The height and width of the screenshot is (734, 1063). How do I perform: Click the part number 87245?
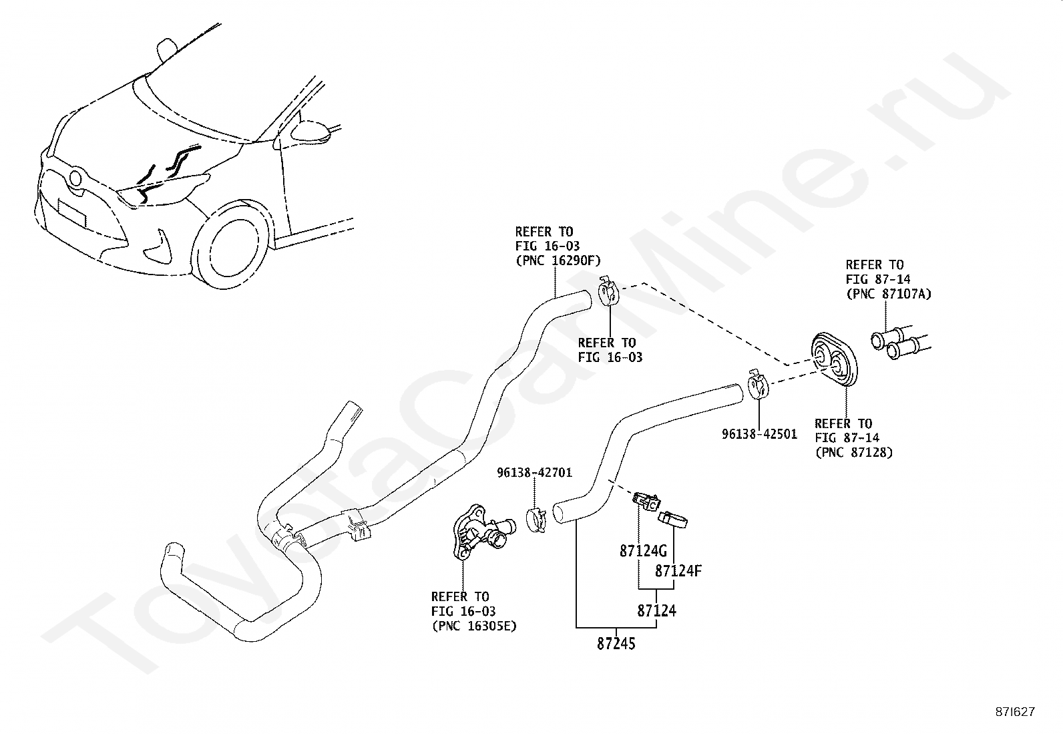pos(616,644)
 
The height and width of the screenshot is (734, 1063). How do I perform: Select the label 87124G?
pos(643,552)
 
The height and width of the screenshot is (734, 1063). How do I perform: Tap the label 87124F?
pos(678,571)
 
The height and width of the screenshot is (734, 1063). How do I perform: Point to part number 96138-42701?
pos(534,473)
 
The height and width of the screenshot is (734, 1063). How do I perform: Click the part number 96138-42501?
pos(759,434)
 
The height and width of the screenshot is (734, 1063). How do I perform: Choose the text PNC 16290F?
pos(558,261)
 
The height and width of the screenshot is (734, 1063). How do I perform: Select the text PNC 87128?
pos(854,453)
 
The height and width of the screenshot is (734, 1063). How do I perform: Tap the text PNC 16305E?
pos(473,626)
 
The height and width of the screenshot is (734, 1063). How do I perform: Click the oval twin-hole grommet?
pos(835,361)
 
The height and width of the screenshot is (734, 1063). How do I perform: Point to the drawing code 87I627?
pos(1014,712)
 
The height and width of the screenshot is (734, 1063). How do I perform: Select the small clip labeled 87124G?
pos(646,500)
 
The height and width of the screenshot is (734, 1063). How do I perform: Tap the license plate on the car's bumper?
pos(71,214)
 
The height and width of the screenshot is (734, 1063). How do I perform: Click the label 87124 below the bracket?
pos(656,610)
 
